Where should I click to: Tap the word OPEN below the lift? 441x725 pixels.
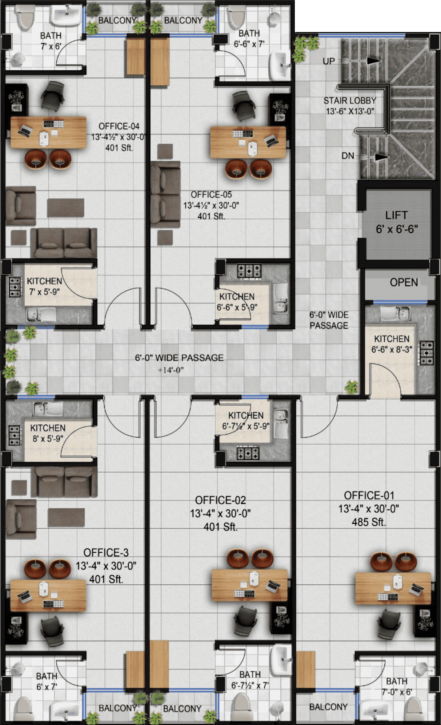pyautogui.click(x=404, y=282)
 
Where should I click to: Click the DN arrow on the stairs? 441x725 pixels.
pyautogui.click(x=382, y=157)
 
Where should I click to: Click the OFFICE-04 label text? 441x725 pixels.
pyautogui.click(x=119, y=126)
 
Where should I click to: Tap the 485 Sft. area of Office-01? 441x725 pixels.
pyautogui.click(x=369, y=522)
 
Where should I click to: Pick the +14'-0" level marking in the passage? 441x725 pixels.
pyautogui.click(x=170, y=370)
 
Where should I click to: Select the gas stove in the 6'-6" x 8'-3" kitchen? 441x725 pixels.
pyautogui.click(x=427, y=353)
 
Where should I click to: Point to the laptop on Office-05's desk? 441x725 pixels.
pyautogui.click(x=271, y=141)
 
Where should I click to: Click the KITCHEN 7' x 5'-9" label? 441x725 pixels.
pyautogui.click(x=44, y=286)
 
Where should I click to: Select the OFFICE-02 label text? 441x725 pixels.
pyautogui.click(x=220, y=500)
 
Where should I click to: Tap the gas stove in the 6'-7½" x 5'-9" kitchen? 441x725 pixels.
pyautogui.click(x=248, y=453)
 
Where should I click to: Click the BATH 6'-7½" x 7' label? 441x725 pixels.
pyautogui.click(x=250, y=679)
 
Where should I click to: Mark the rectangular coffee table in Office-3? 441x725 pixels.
pyautogui.click(x=66, y=518)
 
